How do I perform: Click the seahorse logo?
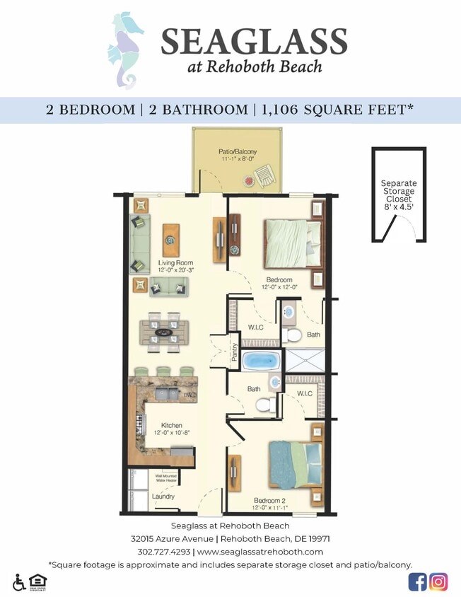click(125, 50)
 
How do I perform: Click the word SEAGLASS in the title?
click(254, 42)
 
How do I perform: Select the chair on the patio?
click(266, 174)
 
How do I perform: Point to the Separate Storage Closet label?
click(399, 195)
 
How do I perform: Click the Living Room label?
click(175, 266)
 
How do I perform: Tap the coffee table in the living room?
click(171, 240)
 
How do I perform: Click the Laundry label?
click(163, 497)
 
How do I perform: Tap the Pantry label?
click(234, 352)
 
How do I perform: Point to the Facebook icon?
click(417, 581)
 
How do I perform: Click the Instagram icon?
click(438, 581)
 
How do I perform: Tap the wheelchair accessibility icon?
click(18, 581)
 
